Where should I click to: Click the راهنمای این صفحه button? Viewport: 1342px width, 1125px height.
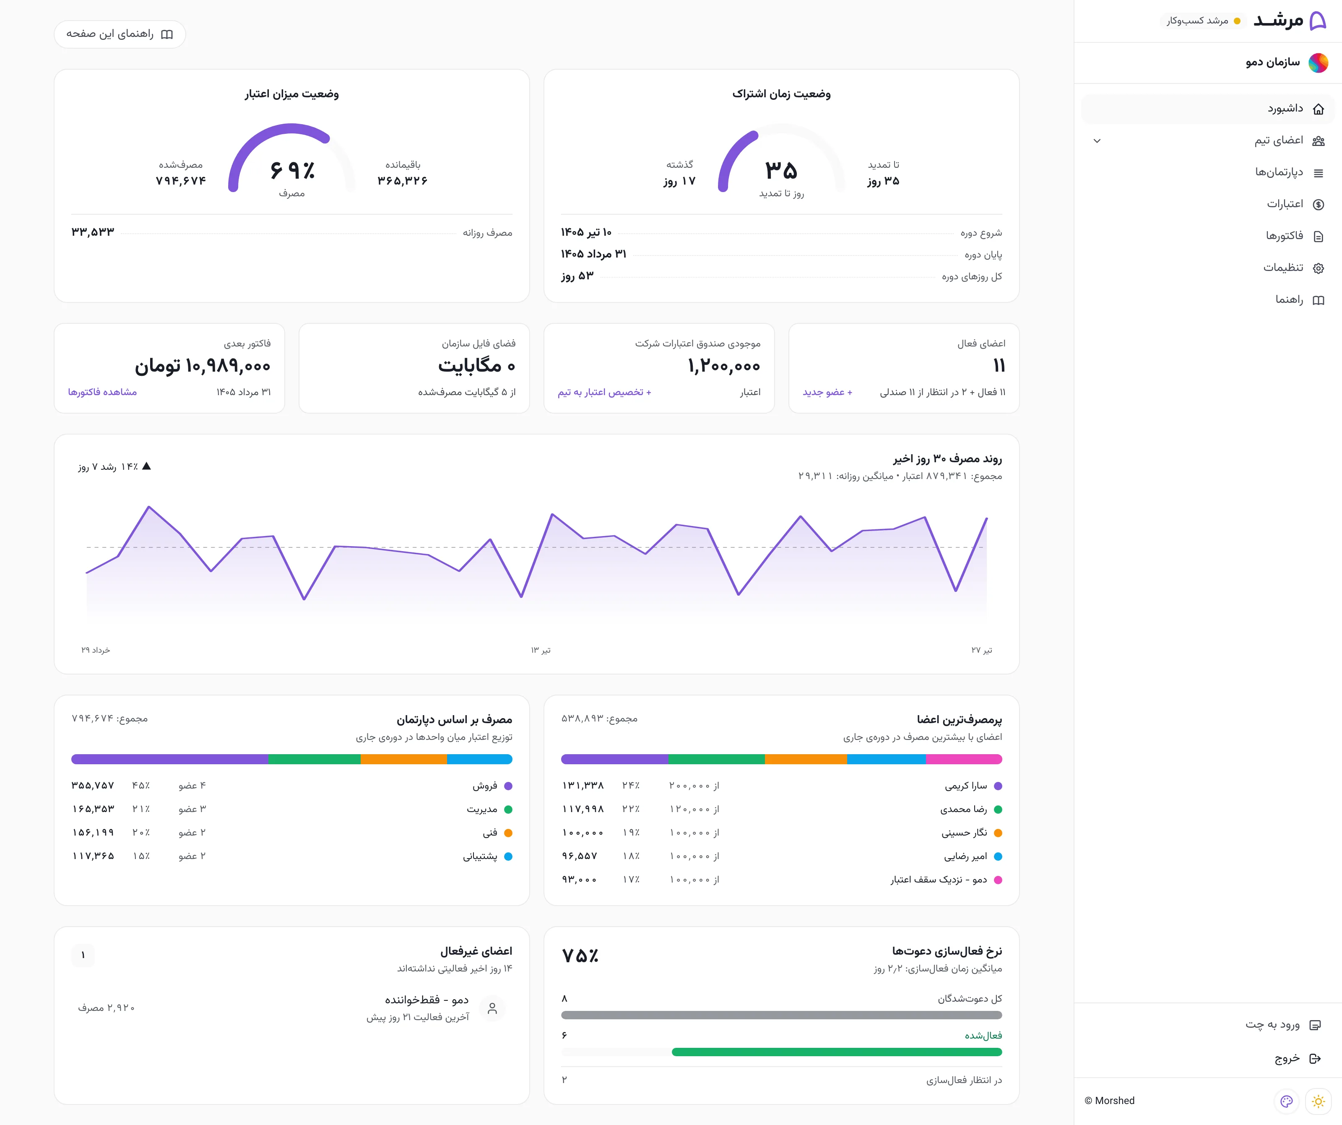click(120, 34)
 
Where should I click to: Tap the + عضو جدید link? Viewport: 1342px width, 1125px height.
click(827, 392)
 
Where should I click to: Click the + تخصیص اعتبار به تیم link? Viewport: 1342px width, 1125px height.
click(604, 392)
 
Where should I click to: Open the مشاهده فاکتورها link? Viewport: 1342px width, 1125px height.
click(102, 392)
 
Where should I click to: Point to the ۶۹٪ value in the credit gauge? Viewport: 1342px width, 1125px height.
click(292, 170)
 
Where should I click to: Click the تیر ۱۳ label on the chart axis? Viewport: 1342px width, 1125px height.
click(541, 650)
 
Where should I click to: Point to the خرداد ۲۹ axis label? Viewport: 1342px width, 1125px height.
click(95, 650)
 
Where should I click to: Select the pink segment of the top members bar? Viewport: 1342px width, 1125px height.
click(964, 759)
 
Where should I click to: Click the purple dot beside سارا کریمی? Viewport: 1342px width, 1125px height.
click(998, 786)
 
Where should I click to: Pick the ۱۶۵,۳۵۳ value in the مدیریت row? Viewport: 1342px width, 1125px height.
click(93, 809)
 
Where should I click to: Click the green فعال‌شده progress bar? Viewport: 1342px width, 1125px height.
click(837, 1052)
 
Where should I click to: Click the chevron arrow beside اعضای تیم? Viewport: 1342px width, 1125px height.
click(1097, 141)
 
